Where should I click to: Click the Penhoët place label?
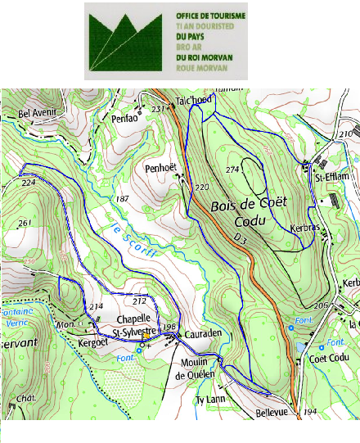point(161,168)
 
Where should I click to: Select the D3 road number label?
point(239,237)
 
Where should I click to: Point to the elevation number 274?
point(232,170)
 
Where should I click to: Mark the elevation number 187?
point(123,200)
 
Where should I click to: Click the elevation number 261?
point(24,223)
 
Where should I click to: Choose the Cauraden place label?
point(200,335)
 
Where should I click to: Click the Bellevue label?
point(272,413)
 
